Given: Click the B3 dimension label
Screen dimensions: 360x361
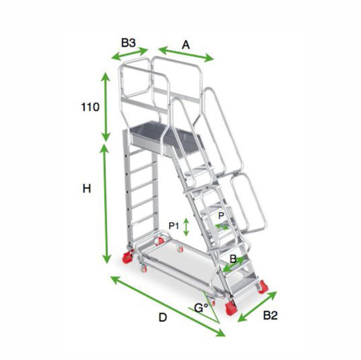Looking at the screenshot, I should click(x=128, y=43).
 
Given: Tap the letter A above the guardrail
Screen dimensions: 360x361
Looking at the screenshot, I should click(x=185, y=45).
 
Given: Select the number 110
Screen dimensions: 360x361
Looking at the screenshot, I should click(x=90, y=107).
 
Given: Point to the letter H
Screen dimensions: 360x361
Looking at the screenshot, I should click(x=86, y=188).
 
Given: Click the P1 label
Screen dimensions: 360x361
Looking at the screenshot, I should click(x=174, y=225).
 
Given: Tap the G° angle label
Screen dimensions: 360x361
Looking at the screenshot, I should click(x=200, y=307).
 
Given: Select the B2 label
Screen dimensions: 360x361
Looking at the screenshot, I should click(x=271, y=316).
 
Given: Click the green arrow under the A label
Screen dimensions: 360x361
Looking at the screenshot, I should click(x=186, y=55).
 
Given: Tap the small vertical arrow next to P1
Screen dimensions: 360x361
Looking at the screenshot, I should click(x=187, y=226).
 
